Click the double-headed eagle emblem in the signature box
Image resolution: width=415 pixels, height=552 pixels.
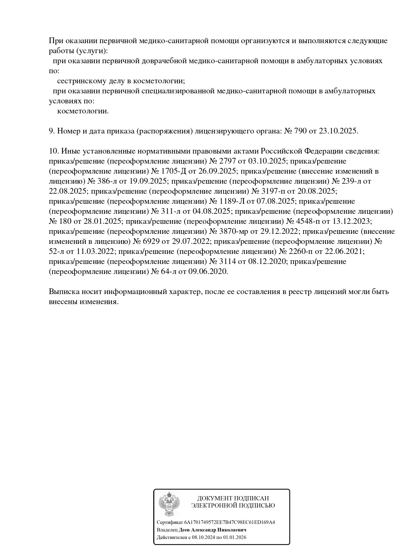[x=169, y=504]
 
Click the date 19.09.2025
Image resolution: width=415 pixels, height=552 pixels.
[x=148, y=181]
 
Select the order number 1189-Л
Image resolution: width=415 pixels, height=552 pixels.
[x=232, y=201]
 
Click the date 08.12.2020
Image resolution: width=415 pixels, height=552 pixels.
[x=267, y=261]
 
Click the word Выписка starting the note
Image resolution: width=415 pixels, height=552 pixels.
[x=64, y=291]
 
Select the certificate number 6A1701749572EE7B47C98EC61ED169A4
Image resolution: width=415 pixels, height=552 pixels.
[x=230, y=523]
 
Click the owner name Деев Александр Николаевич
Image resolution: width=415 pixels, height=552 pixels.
[x=213, y=530]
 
